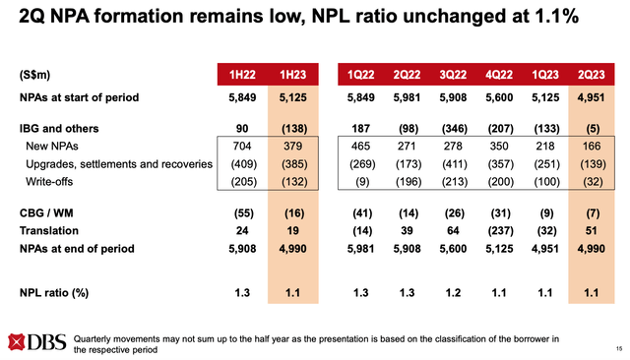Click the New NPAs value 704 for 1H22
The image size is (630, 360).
[x=245, y=145]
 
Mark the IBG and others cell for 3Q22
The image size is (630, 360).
[x=440, y=128]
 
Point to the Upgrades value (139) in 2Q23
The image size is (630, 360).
[x=592, y=162]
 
